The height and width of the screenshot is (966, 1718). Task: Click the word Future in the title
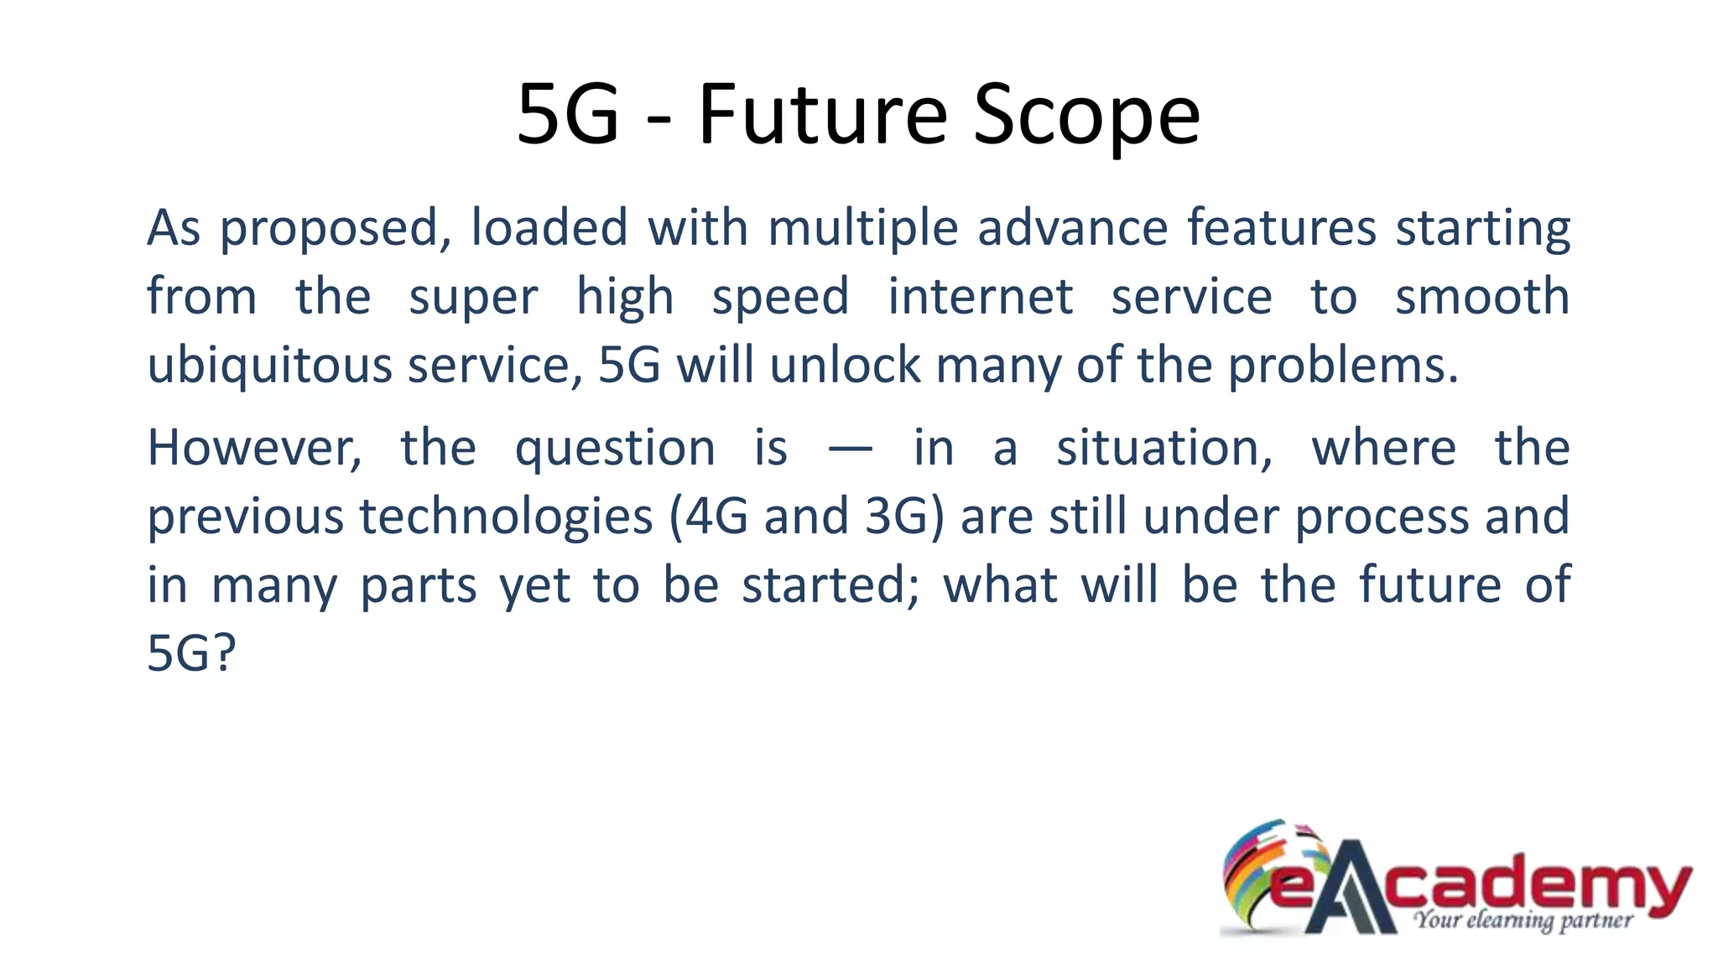tap(822, 114)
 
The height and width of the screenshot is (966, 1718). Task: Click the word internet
tap(981, 297)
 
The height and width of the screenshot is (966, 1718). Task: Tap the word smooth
tap(1482, 297)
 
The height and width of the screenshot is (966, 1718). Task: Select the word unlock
tap(846, 366)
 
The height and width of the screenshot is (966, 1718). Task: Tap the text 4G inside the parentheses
tap(717, 517)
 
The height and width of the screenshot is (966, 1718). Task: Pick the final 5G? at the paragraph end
tap(191, 654)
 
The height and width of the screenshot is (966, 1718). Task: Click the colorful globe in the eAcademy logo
tap(1262, 872)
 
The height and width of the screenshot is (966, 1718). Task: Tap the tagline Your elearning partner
tap(1523, 921)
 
